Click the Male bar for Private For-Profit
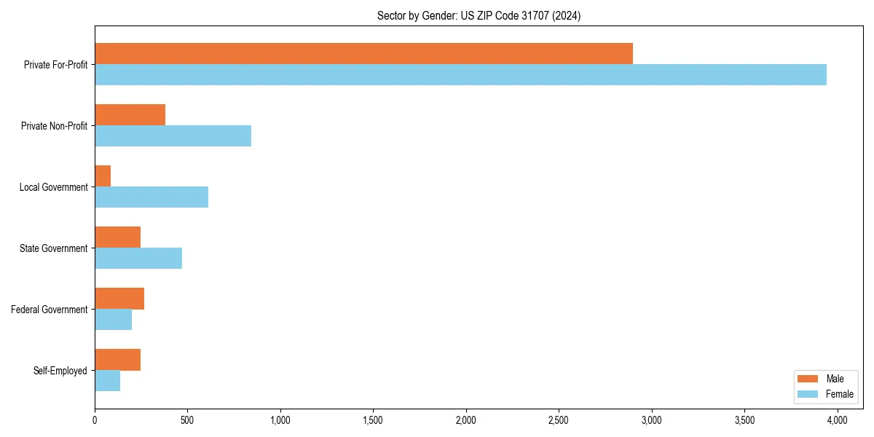click(363, 54)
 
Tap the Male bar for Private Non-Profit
click(130, 115)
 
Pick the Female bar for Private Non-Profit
click(173, 136)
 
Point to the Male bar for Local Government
click(103, 176)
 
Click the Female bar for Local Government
click(151, 197)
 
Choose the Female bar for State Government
click(138, 259)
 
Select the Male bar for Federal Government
click(119, 299)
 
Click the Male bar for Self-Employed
click(117, 360)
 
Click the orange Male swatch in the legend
click(808, 379)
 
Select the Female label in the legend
click(839, 394)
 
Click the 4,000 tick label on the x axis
click(837, 420)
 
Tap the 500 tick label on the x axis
click(187, 420)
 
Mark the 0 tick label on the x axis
click(95, 420)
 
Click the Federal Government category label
click(50, 310)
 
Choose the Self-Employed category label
click(60, 371)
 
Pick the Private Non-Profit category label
click(54, 126)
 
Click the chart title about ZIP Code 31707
click(479, 15)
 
